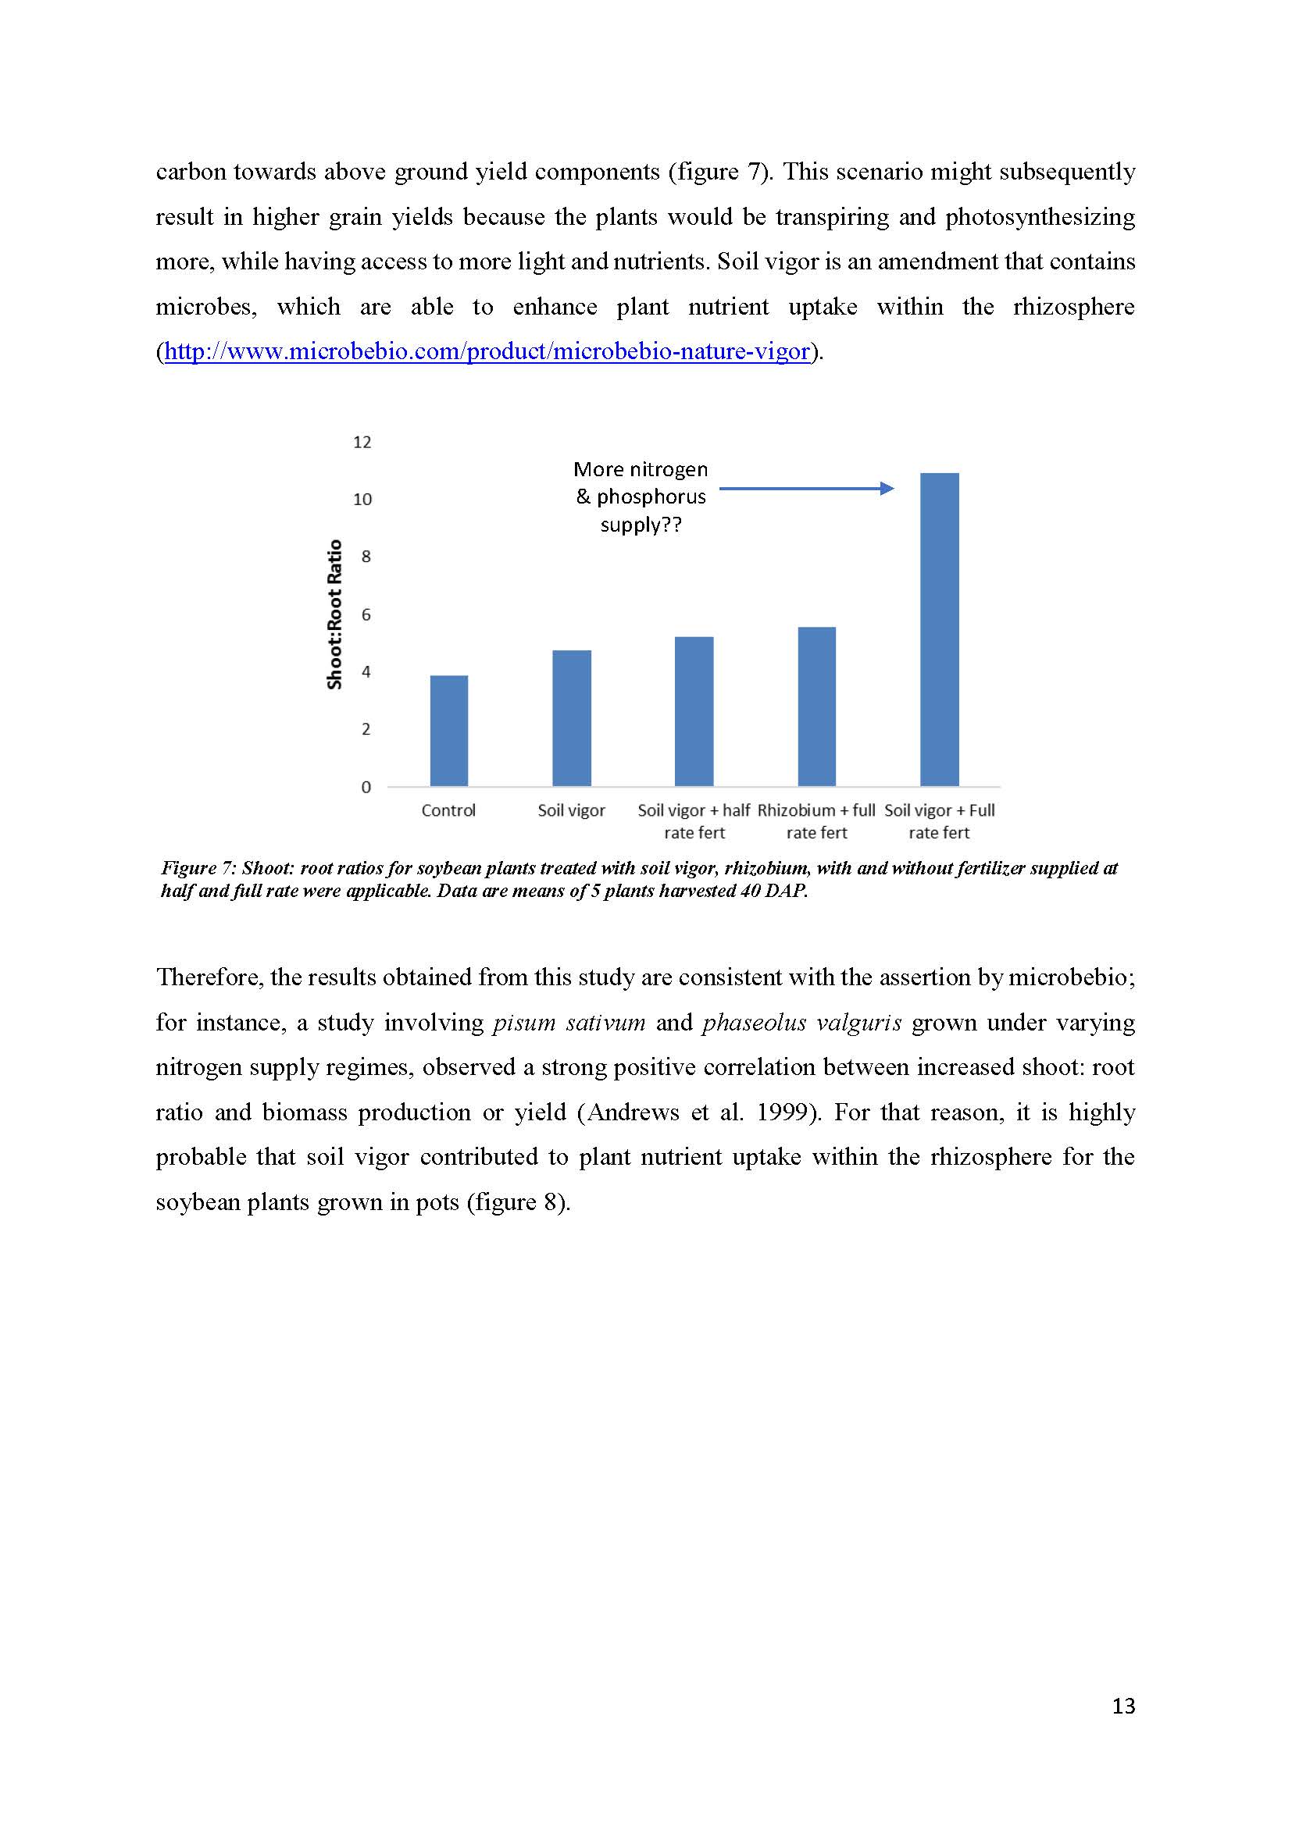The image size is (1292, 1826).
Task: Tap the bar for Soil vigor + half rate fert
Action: click(x=694, y=711)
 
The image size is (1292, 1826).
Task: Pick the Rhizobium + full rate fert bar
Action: click(x=816, y=707)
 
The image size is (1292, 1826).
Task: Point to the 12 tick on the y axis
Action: click(x=362, y=442)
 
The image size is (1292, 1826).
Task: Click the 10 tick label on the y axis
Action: click(x=362, y=500)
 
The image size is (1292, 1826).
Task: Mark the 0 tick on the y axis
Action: click(x=366, y=788)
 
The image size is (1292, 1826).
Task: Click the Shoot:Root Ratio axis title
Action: click(x=335, y=614)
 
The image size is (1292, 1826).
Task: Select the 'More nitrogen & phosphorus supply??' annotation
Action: click(x=641, y=497)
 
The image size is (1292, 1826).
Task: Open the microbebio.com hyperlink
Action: click(x=487, y=351)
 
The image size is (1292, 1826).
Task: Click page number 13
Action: click(x=1123, y=1706)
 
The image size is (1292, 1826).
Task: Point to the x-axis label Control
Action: click(x=448, y=810)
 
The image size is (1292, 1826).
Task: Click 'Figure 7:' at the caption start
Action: click(x=198, y=867)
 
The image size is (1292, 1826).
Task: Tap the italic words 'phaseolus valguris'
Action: click(x=801, y=1022)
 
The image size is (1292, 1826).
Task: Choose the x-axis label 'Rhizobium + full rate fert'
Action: click(x=816, y=821)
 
